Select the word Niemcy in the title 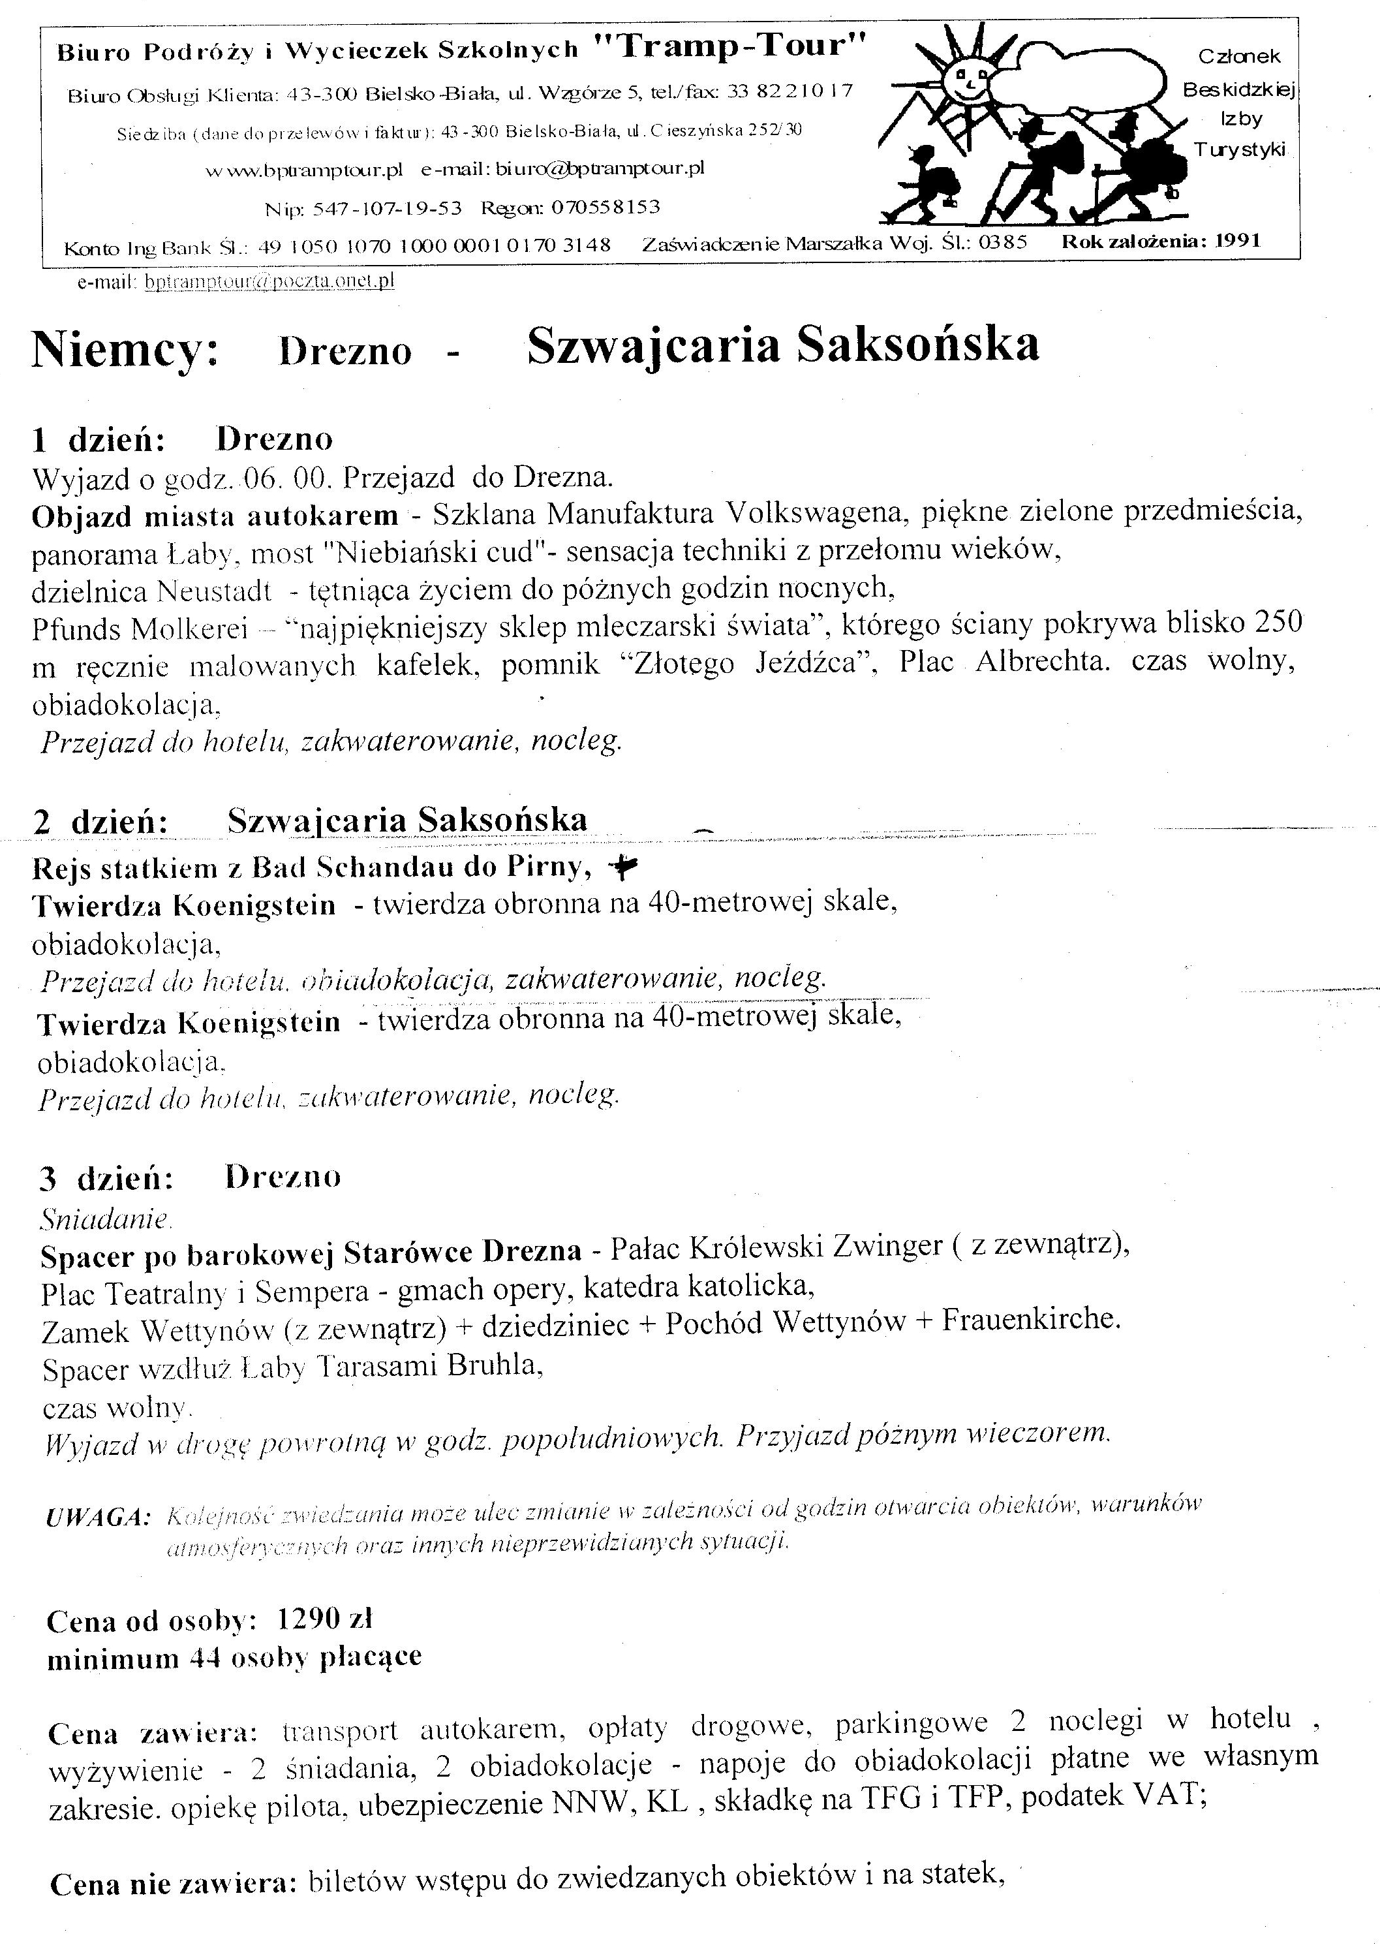click(x=125, y=350)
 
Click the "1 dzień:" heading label click(x=98, y=440)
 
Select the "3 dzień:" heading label click(x=106, y=1179)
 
